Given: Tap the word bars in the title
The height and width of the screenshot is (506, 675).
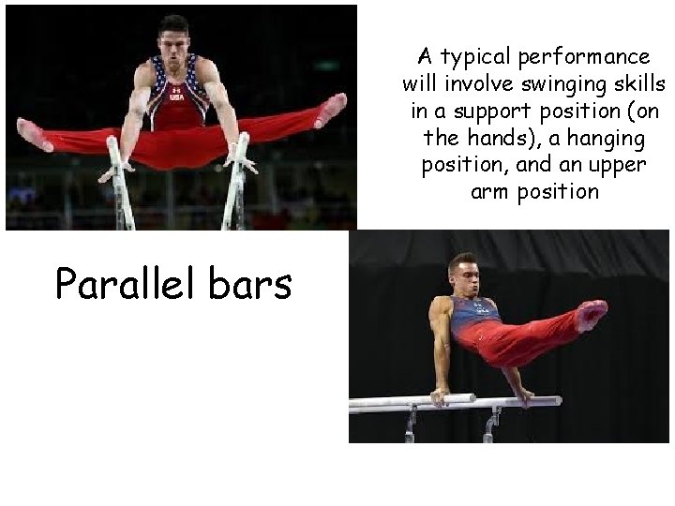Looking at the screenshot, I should tap(250, 283).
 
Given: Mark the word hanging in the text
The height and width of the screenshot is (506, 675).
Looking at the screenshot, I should tap(590, 139).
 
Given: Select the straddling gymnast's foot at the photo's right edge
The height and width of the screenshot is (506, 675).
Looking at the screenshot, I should tap(330, 111).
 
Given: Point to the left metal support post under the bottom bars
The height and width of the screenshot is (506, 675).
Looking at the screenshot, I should tap(410, 426).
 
